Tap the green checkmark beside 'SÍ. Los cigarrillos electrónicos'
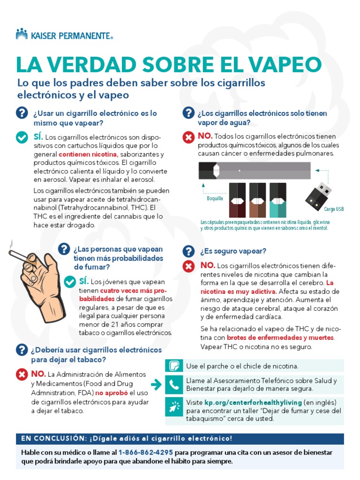click(x=22, y=137)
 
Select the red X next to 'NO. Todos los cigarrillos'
click(x=188, y=137)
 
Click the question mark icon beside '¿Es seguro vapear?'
click(x=188, y=251)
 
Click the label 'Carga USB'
click(x=334, y=209)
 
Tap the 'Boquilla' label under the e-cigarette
click(x=215, y=198)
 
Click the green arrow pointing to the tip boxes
click(x=157, y=385)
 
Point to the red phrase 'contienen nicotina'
click(x=88, y=154)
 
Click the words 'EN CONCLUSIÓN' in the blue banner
click(x=52, y=438)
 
